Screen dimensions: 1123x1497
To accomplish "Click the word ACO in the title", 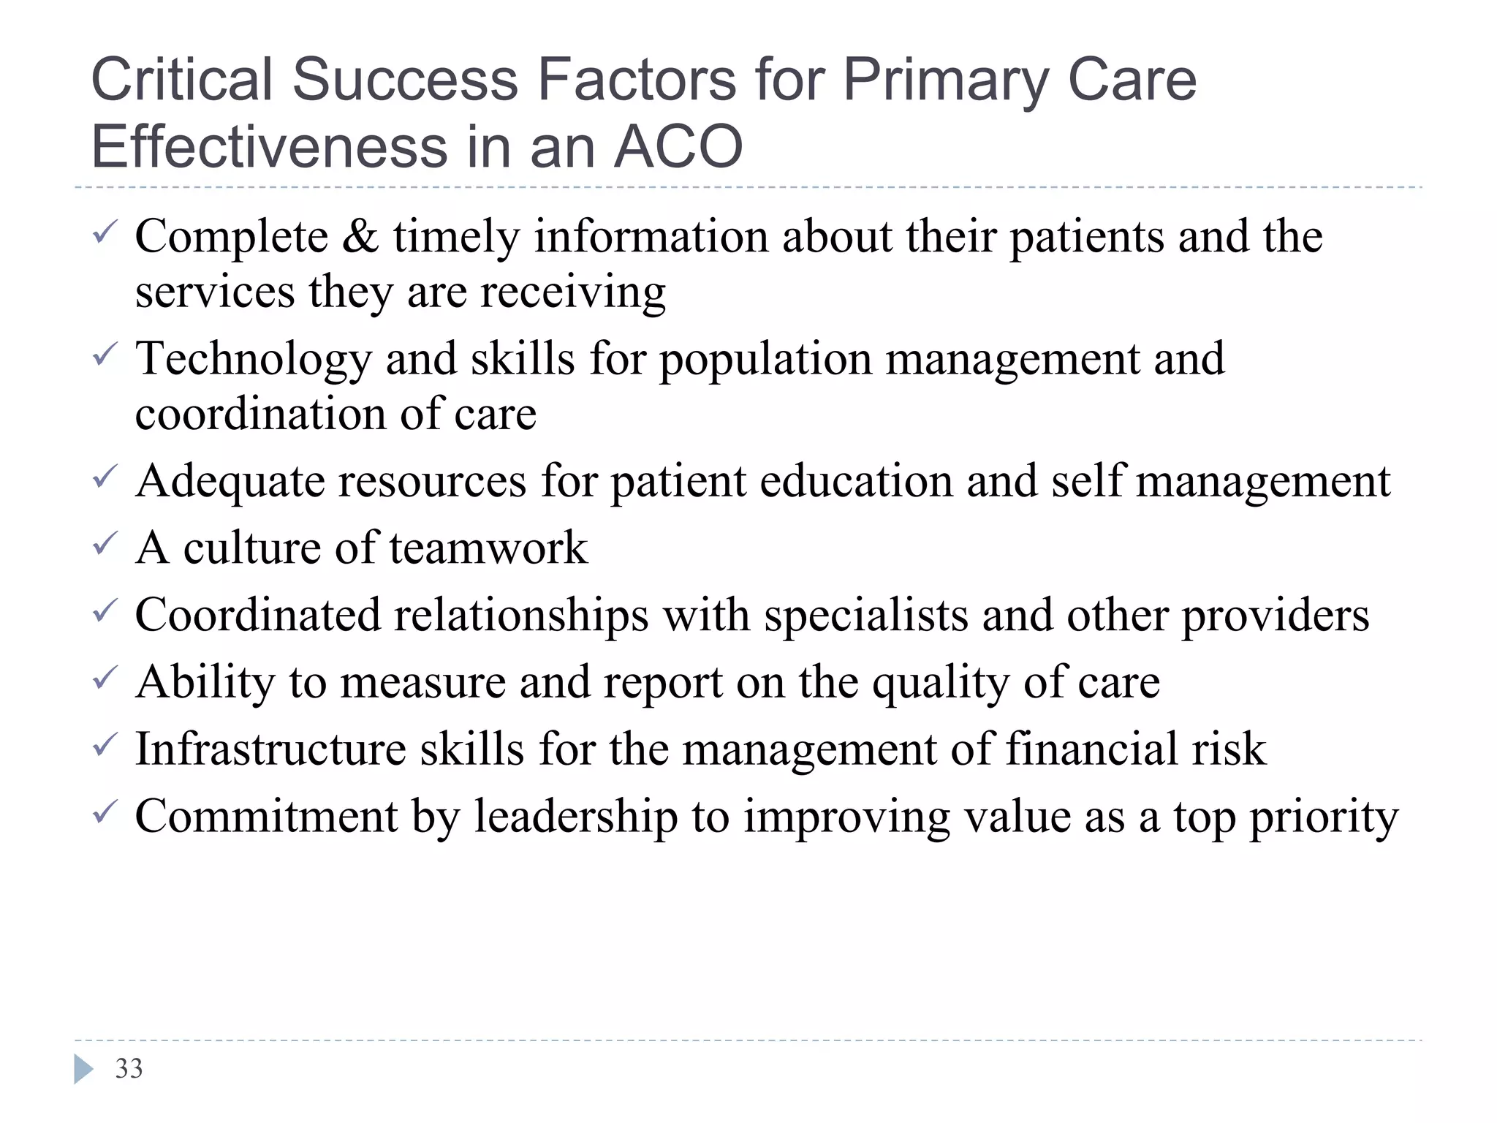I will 678,146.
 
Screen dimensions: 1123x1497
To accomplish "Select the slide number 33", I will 129,1069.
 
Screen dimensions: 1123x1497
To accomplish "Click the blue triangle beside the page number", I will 83,1070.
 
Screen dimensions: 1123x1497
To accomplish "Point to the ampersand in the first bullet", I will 360,237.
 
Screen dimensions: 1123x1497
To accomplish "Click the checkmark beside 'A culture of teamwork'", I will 104,543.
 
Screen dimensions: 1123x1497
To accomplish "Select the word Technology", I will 254,359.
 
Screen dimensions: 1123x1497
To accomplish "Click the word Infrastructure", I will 270,749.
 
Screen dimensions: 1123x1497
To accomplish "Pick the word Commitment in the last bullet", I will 266,817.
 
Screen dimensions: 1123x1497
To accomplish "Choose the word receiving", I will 572,292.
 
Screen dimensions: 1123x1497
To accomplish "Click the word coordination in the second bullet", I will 260,415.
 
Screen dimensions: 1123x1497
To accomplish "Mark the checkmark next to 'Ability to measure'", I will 104,678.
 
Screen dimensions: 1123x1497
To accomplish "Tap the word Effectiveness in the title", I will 269,146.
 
